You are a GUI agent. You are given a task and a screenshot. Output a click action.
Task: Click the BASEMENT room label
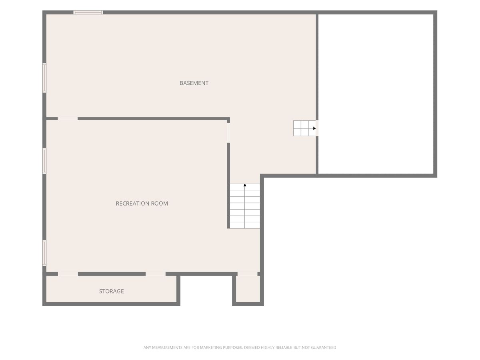coord(194,83)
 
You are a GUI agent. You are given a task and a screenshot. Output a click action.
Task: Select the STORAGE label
coord(112,291)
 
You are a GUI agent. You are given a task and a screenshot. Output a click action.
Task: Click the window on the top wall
coord(88,12)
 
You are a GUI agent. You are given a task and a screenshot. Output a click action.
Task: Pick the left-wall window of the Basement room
coord(44,78)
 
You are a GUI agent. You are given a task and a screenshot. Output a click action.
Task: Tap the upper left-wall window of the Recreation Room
coord(44,161)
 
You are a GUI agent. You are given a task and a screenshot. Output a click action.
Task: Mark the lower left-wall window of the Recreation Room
coord(44,253)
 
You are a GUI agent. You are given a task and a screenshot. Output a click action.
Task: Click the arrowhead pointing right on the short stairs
coord(314,128)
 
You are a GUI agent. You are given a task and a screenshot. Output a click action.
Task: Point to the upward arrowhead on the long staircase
coord(245,185)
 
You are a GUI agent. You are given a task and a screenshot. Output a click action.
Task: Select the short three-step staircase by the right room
coord(305,128)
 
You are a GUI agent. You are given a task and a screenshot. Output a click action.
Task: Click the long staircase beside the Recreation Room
coord(245,206)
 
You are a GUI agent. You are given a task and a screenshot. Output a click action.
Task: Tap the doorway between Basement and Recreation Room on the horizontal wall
coord(68,119)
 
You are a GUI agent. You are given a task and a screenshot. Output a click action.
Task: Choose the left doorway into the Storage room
coord(68,274)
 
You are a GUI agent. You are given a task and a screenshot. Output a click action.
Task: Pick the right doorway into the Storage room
coord(156,274)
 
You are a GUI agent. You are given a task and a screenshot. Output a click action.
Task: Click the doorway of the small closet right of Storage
coord(248,274)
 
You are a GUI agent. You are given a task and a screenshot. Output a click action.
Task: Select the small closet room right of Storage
coord(248,289)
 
